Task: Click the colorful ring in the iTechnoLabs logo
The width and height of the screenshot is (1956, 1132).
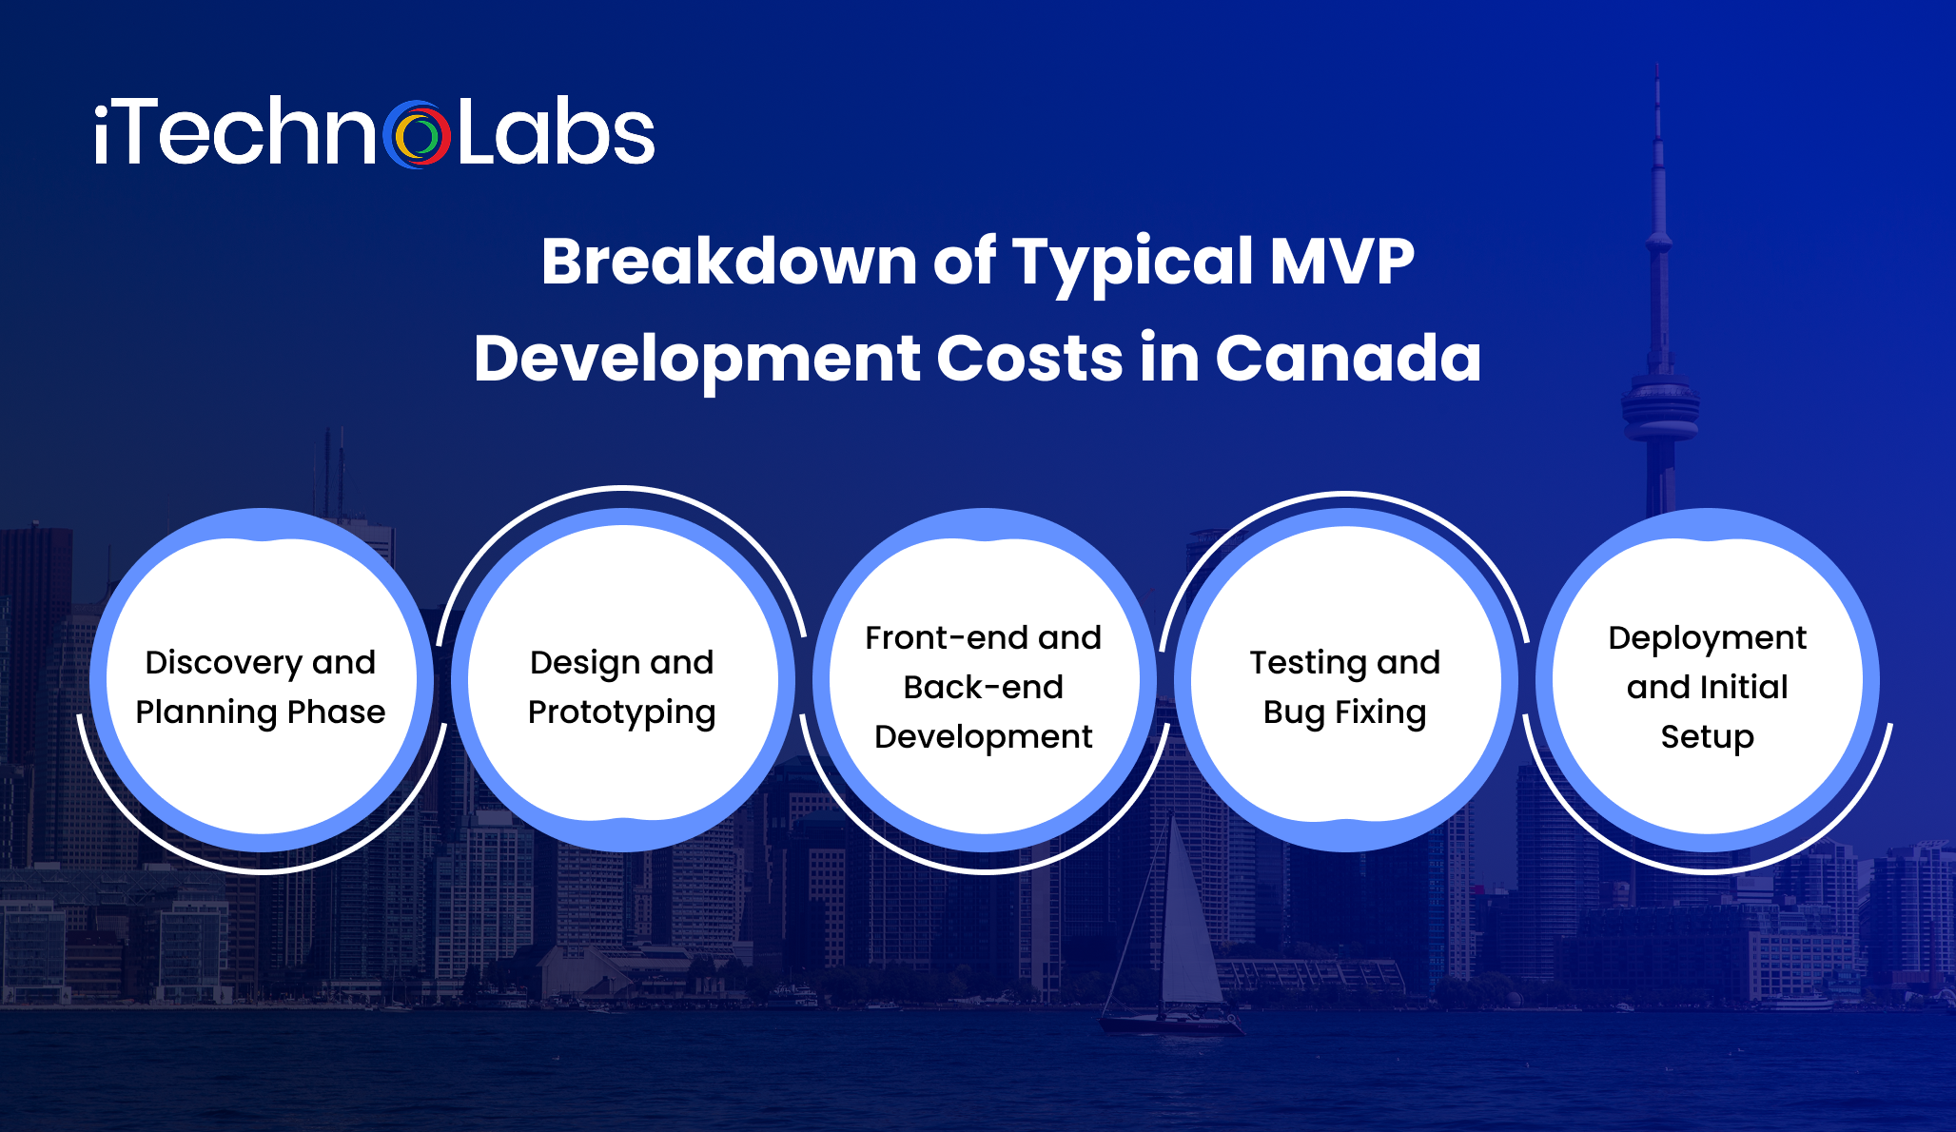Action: (417, 135)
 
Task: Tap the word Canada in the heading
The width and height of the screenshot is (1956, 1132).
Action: (1348, 359)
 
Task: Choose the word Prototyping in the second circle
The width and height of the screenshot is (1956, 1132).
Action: (621, 712)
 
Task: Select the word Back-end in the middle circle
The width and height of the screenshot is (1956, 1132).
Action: (983, 687)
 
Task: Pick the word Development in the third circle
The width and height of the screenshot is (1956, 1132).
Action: (983, 737)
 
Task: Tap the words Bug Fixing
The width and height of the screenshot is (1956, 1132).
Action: (1344, 712)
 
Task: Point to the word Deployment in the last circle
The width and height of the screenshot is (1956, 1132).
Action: (1707, 638)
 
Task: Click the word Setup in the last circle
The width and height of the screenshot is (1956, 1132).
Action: (1707, 737)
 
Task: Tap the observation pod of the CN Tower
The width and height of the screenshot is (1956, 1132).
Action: (1660, 409)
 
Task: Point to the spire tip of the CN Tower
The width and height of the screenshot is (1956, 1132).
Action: (1657, 71)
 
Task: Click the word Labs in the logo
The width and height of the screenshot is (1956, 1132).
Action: (556, 133)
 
